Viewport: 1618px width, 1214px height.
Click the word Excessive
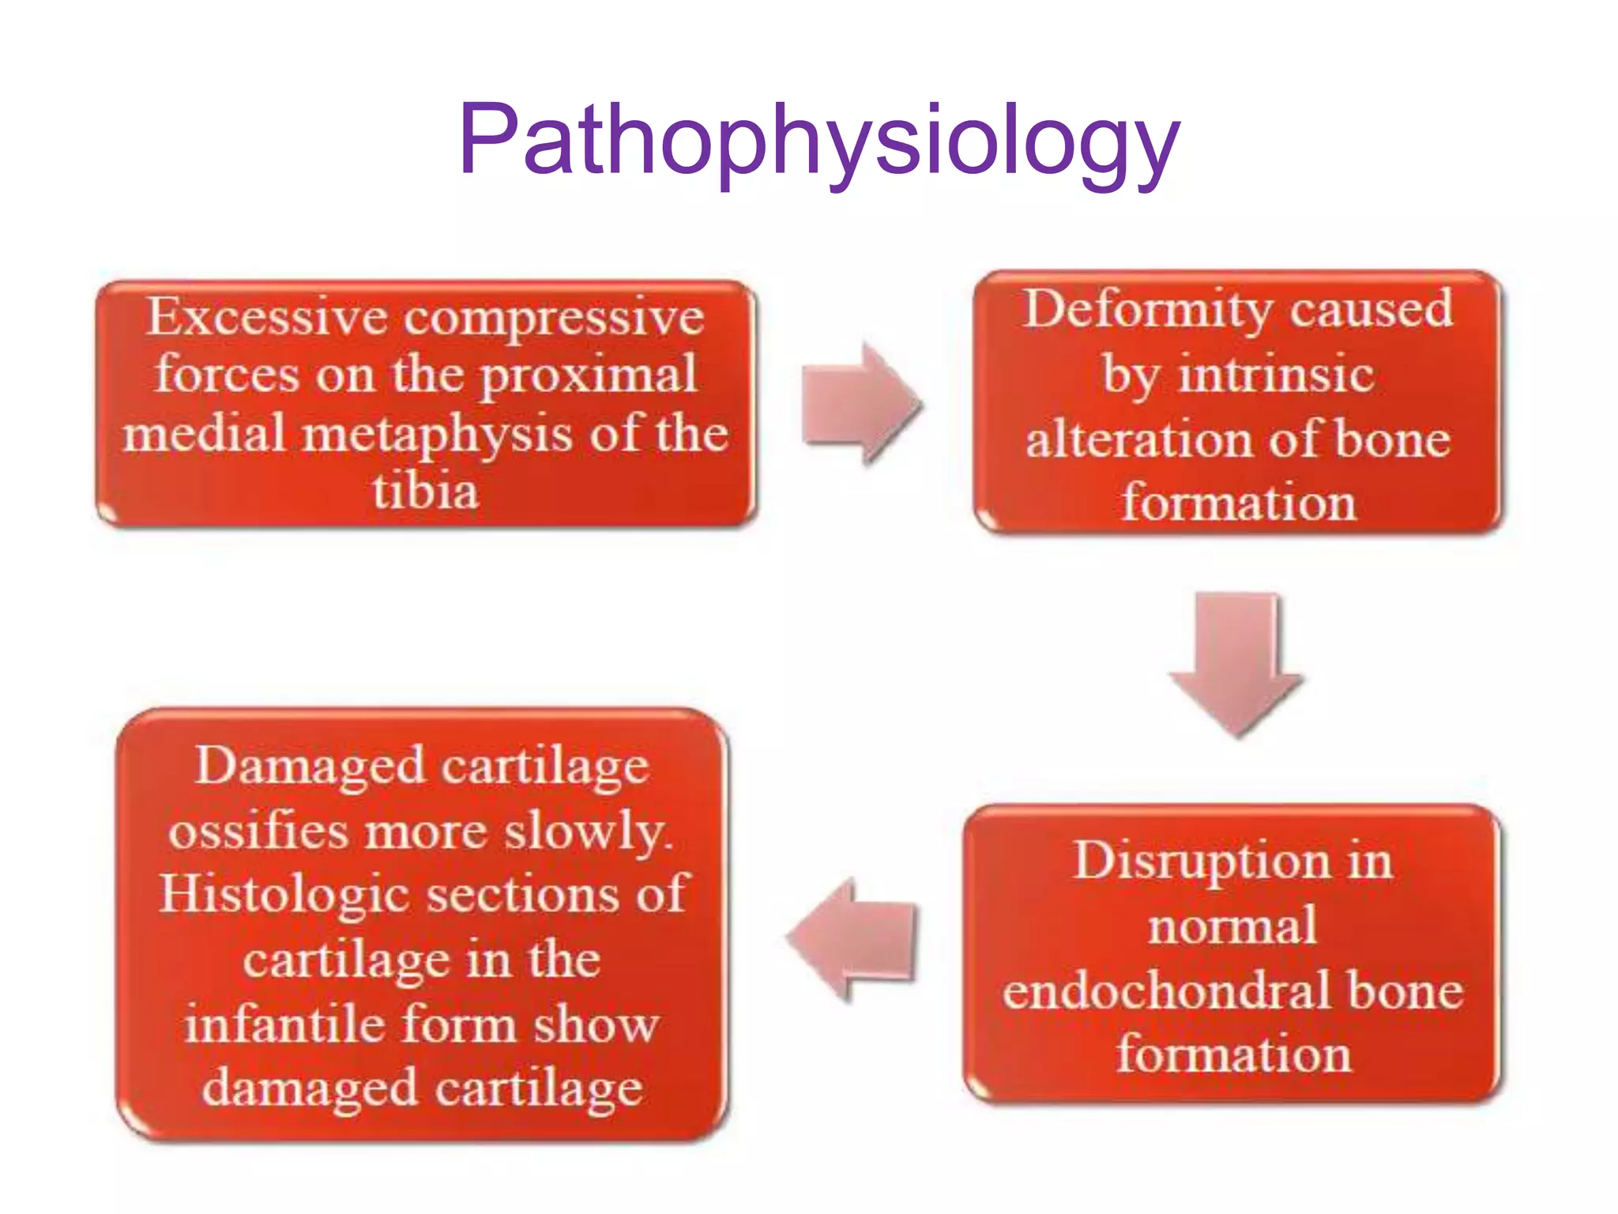[267, 318]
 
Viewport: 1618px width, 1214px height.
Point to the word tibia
[426, 492]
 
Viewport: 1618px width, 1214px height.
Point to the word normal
[1232, 926]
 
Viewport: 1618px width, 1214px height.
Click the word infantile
[284, 1025]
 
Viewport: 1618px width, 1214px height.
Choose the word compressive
[554, 318]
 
